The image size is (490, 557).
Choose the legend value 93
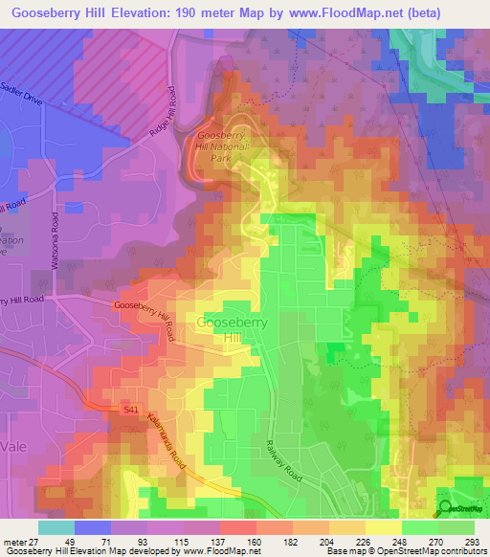[120, 543]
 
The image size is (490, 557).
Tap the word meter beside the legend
[15, 543]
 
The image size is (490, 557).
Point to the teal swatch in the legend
[56, 527]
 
